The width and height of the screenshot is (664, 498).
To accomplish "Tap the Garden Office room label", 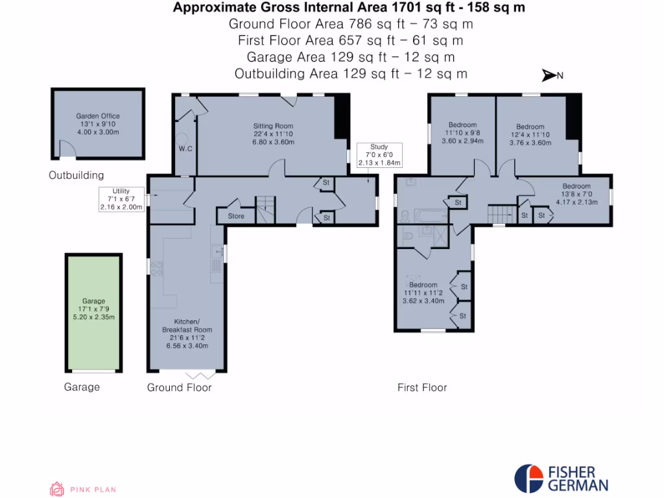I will tap(98, 124).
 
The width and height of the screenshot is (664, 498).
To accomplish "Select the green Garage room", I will tap(93, 311).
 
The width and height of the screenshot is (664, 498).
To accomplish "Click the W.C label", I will tap(185, 149).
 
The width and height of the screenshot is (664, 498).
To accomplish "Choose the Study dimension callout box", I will tap(379, 155).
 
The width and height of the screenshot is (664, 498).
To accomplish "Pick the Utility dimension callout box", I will tap(121, 198).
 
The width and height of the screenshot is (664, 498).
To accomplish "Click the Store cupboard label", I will tap(236, 216).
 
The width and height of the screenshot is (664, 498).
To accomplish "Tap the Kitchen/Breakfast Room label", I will tap(187, 334).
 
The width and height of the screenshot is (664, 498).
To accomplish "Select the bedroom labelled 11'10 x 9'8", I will tap(462, 132).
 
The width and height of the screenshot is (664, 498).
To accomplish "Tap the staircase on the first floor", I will tap(499, 213).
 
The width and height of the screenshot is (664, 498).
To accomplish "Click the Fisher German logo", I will tap(562, 479).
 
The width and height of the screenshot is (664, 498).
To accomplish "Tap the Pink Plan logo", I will tap(83, 490).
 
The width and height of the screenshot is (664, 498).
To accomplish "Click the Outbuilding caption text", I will tap(76, 175).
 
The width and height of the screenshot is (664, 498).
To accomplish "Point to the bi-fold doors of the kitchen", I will tap(199, 375).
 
